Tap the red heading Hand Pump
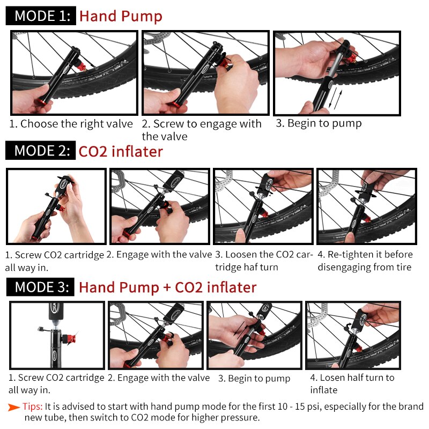click(121, 16)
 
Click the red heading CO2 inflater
click(121, 151)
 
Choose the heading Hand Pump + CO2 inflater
click(167, 287)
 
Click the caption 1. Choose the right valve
click(71, 124)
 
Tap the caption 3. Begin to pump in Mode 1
click(319, 123)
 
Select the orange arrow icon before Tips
click(14, 406)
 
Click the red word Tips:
click(33, 406)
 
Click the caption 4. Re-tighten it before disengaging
click(365, 261)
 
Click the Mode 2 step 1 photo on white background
click(56, 207)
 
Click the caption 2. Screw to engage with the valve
click(202, 130)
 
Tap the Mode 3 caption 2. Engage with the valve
click(159, 378)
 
